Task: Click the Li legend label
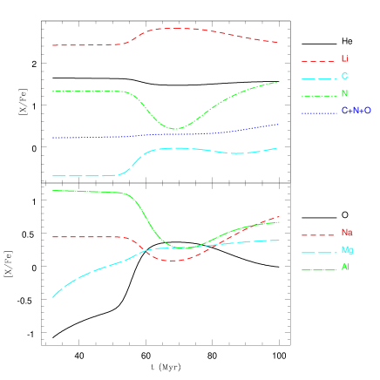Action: pyautogui.click(x=344, y=59)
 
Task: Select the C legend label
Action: pyautogui.click(x=344, y=77)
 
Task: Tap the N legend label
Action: pyautogui.click(x=344, y=94)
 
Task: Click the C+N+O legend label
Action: pyautogui.click(x=356, y=112)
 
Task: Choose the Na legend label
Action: pyautogui.click(x=347, y=234)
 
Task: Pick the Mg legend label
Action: pyautogui.click(x=347, y=251)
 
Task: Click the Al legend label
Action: pyautogui.click(x=345, y=268)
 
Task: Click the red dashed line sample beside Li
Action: pyautogui.click(x=318, y=61)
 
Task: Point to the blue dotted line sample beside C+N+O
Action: pyautogui.click(x=318, y=113)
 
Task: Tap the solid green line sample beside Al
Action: pyautogui.click(x=318, y=270)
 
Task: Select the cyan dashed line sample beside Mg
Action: pyautogui.click(x=318, y=253)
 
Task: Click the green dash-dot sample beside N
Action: pyautogui.click(x=318, y=96)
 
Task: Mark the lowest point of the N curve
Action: pyautogui.click(x=174, y=129)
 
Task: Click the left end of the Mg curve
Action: pyautogui.click(x=52, y=297)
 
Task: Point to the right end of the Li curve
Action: pyautogui.click(x=279, y=42)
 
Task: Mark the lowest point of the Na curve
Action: pyautogui.click(x=173, y=261)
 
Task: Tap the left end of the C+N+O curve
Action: pyautogui.click(x=52, y=138)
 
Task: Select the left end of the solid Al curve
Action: pyautogui.click(x=52, y=190)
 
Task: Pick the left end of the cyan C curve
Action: pyautogui.click(x=52, y=176)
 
